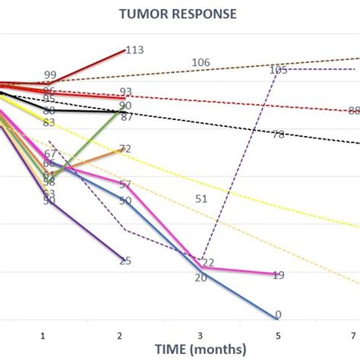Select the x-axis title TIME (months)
pyautogui.click(x=201, y=349)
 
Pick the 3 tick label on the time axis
pyautogui.click(x=201, y=334)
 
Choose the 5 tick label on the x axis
pyautogui.click(x=278, y=334)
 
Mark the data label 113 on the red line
pyautogui.click(x=134, y=50)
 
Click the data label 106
pyautogui.click(x=201, y=62)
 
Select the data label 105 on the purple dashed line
pyautogui.click(x=278, y=70)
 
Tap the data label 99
pyautogui.click(x=50, y=74)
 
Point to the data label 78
pyautogui.click(x=278, y=134)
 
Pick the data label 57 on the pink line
pyautogui.click(x=125, y=185)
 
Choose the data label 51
pyautogui.click(x=201, y=199)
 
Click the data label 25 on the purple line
pyautogui.click(x=125, y=261)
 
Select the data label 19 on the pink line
pyautogui.click(x=278, y=275)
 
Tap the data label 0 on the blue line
pyautogui.click(x=278, y=314)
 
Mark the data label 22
pyautogui.click(x=208, y=263)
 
